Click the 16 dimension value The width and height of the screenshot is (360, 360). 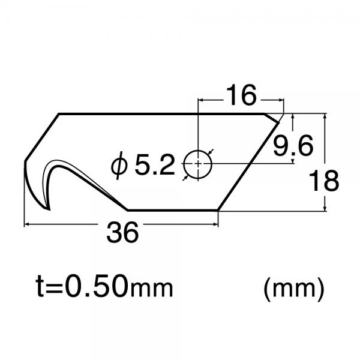click(x=241, y=95)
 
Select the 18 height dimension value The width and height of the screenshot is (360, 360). click(x=324, y=180)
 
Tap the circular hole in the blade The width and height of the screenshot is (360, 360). click(x=197, y=163)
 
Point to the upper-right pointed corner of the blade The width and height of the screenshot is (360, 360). click(x=283, y=115)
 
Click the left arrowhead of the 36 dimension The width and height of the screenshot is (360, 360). click(x=27, y=225)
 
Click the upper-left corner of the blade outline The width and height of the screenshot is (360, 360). click(x=59, y=114)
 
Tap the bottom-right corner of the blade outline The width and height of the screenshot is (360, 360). click(x=218, y=210)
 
